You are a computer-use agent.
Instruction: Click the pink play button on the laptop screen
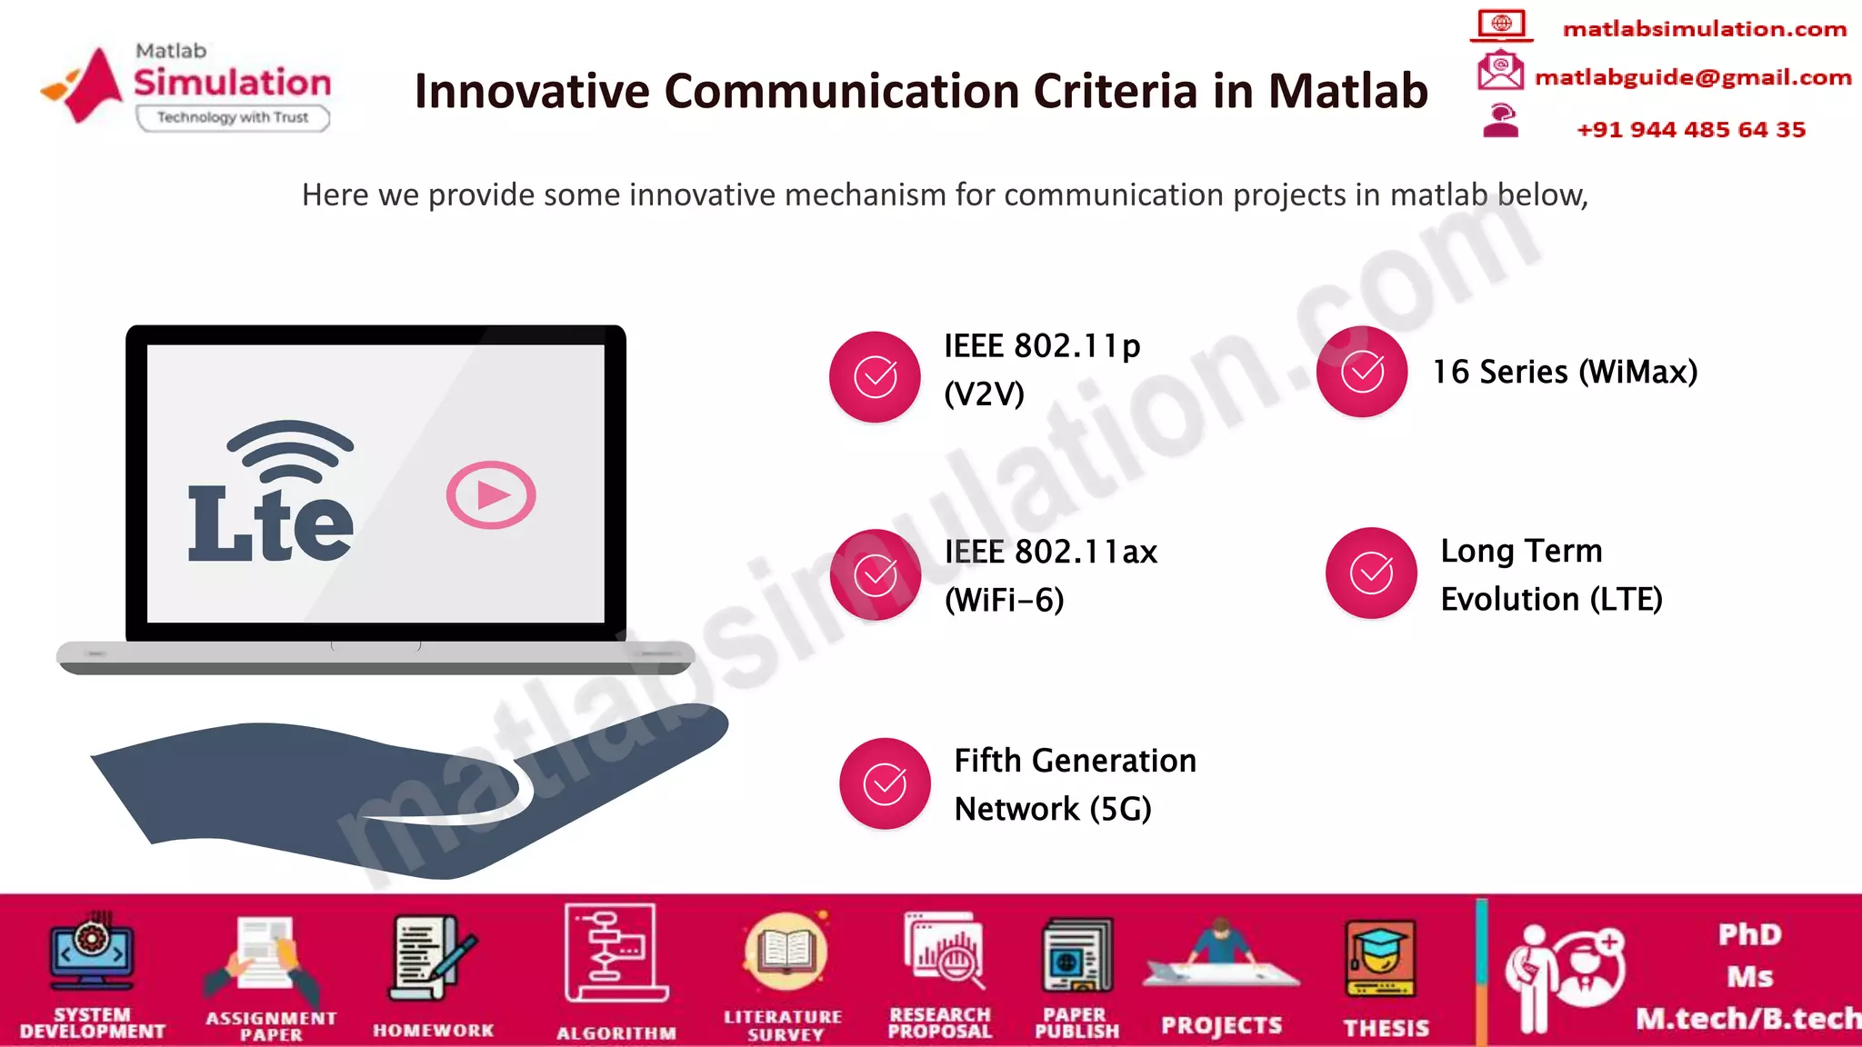click(491, 495)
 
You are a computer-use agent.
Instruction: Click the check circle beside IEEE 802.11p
click(875, 376)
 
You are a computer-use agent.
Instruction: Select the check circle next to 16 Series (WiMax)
click(1362, 372)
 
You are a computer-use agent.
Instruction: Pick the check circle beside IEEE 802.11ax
click(875, 574)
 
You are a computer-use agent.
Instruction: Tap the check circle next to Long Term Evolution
click(1371, 573)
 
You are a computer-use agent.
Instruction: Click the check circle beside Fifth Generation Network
click(885, 783)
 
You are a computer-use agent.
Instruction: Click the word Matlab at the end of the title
click(1347, 91)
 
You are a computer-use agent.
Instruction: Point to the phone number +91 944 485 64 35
click(1691, 130)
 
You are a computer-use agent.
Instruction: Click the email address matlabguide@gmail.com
click(1693, 78)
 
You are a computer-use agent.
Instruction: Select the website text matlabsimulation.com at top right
click(1705, 29)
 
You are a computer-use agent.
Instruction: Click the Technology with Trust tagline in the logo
click(233, 117)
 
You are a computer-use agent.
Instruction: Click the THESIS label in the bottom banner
click(1386, 1028)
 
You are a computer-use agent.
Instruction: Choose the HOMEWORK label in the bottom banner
click(434, 1031)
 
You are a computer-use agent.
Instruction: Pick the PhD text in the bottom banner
click(1750, 935)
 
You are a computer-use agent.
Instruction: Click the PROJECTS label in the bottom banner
click(1221, 1026)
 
